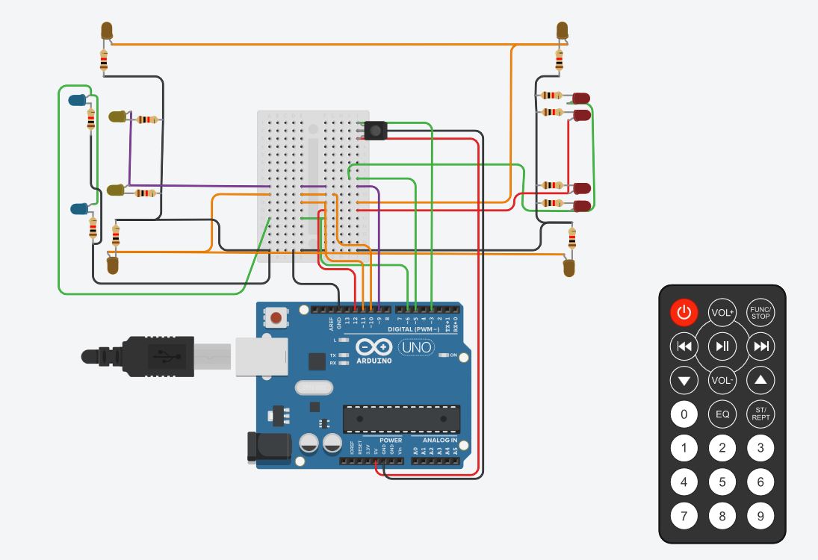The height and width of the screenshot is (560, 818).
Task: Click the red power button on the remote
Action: point(684,312)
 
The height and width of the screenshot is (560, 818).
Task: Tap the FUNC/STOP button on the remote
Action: point(760,312)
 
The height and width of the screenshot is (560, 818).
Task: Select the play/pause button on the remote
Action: point(722,346)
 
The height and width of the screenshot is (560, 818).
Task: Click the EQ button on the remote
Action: point(722,414)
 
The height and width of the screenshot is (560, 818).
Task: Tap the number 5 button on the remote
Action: point(722,482)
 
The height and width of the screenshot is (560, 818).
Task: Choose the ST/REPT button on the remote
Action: point(760,414)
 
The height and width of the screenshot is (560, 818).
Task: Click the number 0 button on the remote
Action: point(684,414)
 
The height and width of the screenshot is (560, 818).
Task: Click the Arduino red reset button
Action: point(277,319)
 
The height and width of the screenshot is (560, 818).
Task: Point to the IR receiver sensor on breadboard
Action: point(376,131)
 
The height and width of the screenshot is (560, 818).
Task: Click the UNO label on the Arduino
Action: point(417,347)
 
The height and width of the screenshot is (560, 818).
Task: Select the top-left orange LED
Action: point(107,31)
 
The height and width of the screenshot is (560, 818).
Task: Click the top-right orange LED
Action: point(563,31)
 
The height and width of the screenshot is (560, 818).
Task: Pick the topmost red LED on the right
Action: point(580,98)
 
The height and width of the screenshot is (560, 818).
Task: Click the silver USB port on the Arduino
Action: point(261,355)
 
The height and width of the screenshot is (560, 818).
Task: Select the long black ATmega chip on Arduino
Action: point(401,419)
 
